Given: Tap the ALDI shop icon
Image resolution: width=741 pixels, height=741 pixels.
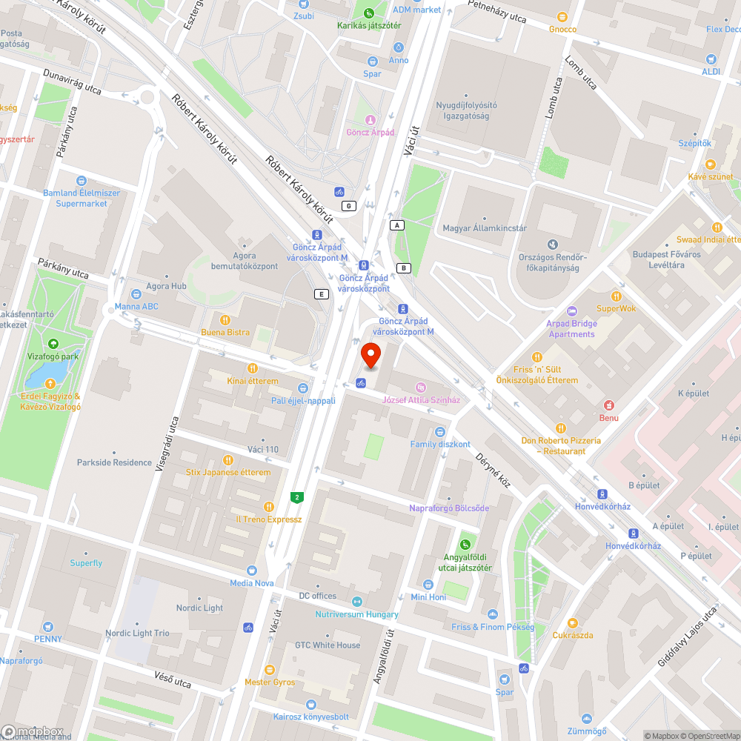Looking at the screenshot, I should click(x=711, y=59).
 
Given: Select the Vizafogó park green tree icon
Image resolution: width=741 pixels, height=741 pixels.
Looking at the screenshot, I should click(x=53, y=344).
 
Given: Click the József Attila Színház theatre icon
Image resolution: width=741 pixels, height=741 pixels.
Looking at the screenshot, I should click(x=421, y=388).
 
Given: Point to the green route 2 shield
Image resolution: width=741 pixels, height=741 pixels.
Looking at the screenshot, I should click(x=297, y=496).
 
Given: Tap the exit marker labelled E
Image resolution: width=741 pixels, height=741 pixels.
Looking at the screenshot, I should click(x=321, y=293).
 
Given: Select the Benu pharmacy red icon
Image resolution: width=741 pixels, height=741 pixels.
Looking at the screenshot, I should click(x=608, y=405).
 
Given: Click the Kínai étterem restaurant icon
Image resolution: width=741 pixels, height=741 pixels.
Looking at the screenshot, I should click(x=253, y=368).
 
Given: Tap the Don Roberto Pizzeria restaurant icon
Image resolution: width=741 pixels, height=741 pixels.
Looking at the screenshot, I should click(x=562, y=428).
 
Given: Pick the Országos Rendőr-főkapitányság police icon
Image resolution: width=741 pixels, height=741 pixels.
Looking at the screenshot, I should click(x=552, y=244).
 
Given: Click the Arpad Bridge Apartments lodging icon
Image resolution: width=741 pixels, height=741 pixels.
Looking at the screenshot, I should click(x=571, y=311).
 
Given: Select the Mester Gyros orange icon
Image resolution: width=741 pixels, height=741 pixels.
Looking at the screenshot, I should click(x=270, y=669).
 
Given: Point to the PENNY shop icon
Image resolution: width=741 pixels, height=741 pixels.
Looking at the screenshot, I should click(x=48, y=626).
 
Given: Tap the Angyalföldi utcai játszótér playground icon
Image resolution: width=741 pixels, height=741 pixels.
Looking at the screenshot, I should click(x=466, y=545).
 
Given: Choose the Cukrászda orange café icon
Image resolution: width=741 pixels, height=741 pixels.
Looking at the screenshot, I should click(x=572, y=622).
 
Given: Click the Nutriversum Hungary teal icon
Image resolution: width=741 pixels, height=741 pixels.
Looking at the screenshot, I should click(x=357, y=602).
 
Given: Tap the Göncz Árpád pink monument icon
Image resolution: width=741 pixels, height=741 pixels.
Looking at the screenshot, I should click(x=370, y=119).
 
